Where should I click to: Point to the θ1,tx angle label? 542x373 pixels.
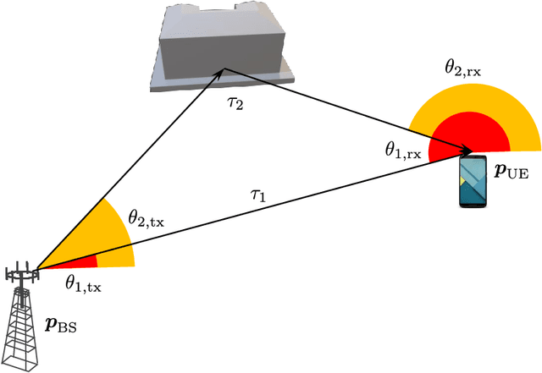tap(83, 285)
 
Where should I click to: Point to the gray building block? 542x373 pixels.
tap(224, 47)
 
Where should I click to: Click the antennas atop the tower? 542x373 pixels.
tap(24, 273)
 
